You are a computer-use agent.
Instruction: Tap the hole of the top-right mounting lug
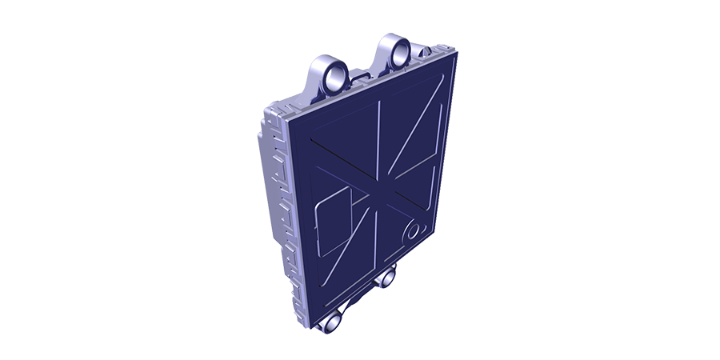(398, 54)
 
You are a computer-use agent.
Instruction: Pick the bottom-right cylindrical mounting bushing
(388, 278)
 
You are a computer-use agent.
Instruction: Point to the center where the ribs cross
(378, 194)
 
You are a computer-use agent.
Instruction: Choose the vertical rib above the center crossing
(378, 144)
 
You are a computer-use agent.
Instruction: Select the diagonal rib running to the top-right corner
(416, 132)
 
